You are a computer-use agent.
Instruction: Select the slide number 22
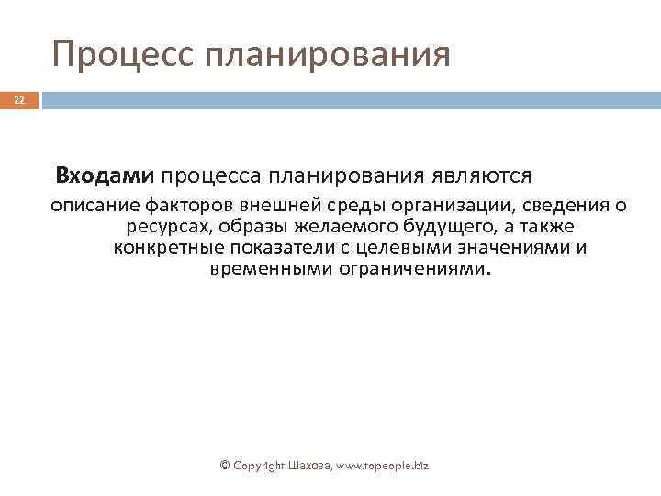19,100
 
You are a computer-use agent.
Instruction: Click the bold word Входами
106,175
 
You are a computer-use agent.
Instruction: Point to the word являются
489,175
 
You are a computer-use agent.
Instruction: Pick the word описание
94,203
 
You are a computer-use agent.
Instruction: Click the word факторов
185,203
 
